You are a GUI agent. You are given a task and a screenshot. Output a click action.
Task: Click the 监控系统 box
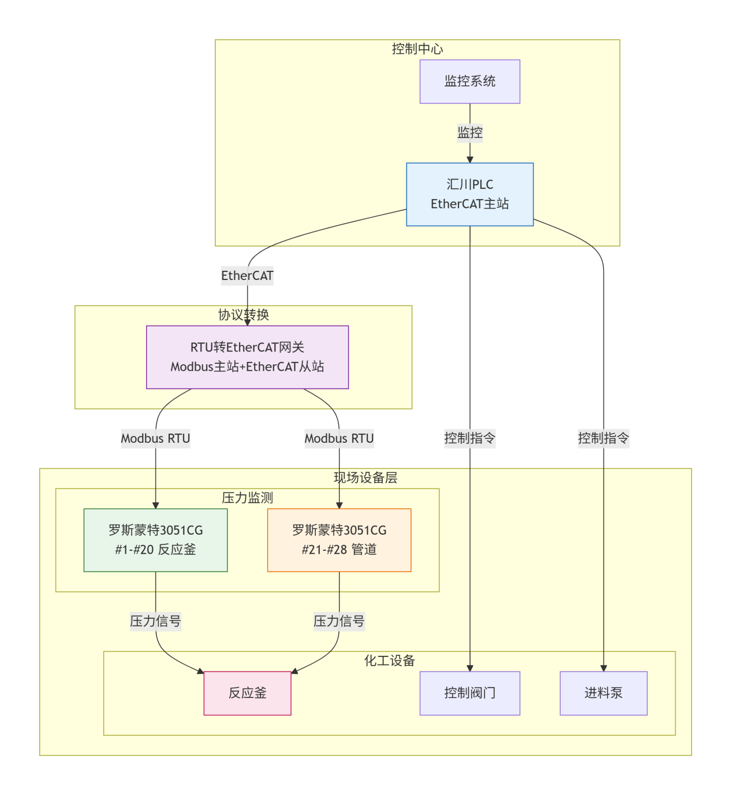tap(469, 81)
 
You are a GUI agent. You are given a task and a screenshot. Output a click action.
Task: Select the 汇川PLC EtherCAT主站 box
tap(469, 194)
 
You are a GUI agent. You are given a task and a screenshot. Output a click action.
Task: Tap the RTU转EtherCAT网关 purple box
tap(247, 357)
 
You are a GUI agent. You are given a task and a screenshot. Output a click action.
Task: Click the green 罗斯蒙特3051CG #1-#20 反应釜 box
tap(155, 540)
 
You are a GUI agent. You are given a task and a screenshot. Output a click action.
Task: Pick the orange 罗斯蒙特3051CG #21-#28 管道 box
tap(339, 540)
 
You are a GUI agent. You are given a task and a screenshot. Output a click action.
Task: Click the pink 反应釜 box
tap(247, 693)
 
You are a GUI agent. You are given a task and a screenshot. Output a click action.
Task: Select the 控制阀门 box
tap(469, 693)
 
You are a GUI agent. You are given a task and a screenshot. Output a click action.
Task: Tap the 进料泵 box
tap(603, 693)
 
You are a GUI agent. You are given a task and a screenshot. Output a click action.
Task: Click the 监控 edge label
tap(469, 133)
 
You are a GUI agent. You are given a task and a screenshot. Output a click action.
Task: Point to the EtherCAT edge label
tap(247, 276)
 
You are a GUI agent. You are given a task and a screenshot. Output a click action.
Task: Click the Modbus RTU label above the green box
tap(155, 439)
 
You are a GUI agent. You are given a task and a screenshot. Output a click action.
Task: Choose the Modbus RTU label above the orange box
tap(339, 439)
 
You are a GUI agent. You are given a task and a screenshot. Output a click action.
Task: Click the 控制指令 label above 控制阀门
tap(469, 438)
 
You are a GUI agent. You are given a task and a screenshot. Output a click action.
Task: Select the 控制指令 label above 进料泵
tap(603, 438)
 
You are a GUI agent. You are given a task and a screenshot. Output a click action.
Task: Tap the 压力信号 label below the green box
tap(155, 621)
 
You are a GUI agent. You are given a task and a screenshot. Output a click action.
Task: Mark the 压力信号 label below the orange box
tap(339, 621)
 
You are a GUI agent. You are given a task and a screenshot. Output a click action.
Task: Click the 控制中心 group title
tap(417, 49)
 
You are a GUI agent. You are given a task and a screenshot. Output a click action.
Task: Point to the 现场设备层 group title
tap(365, 477)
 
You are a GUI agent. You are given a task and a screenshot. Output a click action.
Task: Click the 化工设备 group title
tap(389, 660)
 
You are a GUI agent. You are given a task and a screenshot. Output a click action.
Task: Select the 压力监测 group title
tap(247, 498)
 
